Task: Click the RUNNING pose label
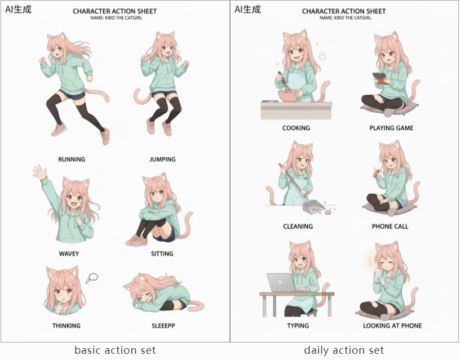(x=72, y=159)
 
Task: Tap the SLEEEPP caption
(x=163, y=326)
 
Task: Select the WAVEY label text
(x=69, y=254)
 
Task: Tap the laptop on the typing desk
(x=281, y=283)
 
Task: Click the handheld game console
(x=380, y=78)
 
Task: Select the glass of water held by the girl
(x=378, y=276)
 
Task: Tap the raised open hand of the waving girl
(x=39, y=172)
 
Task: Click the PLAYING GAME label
(x=391, y=128)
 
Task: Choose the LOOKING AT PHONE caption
(x=392, y=326)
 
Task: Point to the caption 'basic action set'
(x=115, y=350)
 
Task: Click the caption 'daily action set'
(x=344, y=350)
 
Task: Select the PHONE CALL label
(x=390, y=226)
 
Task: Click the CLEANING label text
(x=298, y=226)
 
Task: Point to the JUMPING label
(x=162, y=159)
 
